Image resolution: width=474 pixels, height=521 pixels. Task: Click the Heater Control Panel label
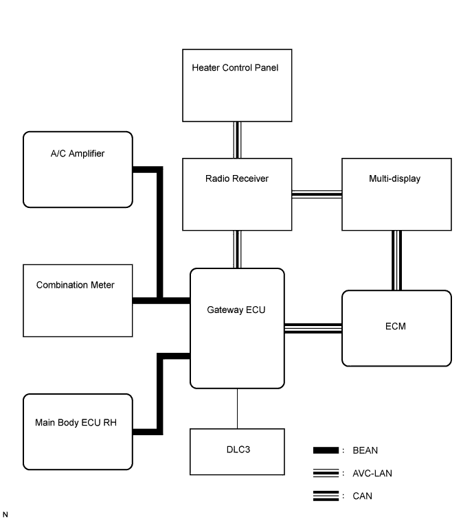pos(235,68)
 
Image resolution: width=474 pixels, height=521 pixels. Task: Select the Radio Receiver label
pos(237,178)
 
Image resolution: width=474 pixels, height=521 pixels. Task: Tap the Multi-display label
pos(394,178)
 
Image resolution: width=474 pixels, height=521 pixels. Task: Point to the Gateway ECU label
pos(236,310)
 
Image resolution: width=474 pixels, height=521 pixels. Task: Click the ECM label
pos(396,326)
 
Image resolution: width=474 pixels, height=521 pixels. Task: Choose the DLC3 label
pos(238,450)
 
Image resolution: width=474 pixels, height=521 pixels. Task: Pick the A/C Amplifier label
pos(78,154)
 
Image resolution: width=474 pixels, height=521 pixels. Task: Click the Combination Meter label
pos(75,285)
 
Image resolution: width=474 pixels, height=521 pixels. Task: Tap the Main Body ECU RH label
pos(76,423)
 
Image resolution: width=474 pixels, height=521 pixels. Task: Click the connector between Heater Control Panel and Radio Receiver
pos(237,140)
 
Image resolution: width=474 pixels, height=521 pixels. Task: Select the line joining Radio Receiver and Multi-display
pos(317,194)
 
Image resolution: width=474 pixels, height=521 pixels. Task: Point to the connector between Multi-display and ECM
pos(396,261)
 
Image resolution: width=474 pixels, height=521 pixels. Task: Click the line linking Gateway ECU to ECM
pos(313,328)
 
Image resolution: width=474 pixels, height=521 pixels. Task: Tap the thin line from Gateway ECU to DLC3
pos(237,408)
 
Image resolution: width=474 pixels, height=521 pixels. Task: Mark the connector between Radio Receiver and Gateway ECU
pos(237,249)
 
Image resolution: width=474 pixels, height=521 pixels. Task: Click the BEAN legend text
pos(365,450)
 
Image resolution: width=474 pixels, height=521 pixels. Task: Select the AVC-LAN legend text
pos(372,473)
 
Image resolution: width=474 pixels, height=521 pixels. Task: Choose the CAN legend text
pos(362,496)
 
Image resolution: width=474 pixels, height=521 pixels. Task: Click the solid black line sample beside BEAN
pos(326,450)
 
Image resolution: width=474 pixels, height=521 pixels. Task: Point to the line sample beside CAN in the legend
pos(326,496)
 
